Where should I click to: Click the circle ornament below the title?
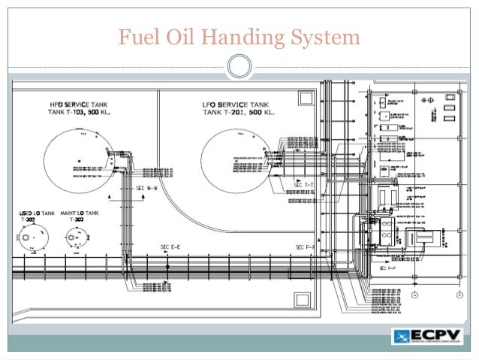coord(239,67)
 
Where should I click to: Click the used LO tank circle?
coord(32,241)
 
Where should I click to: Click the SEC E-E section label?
coord(170,247)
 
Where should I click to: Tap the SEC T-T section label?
coord(304,184)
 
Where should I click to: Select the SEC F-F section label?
coord(304,247)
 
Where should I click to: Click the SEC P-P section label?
coord(388,268)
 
